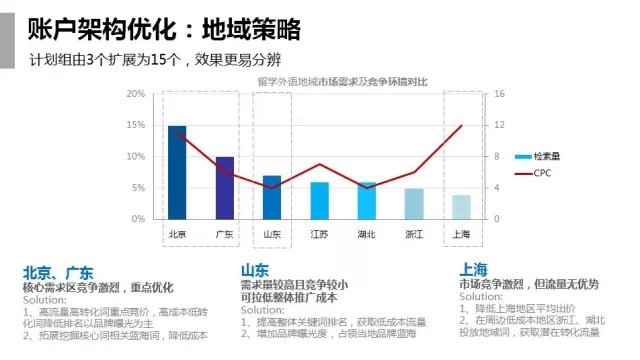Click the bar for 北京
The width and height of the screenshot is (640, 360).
pyautogui.click(x=177, y=172)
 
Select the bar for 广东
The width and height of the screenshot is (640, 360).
pyautogui.click(x=225, y=188)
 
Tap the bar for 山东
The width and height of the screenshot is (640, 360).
pyautogui.click(x=272, y=197)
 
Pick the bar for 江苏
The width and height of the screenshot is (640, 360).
pyautogui.click(x=319, y=200)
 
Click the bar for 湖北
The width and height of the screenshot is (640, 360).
pyautogui.click(x=367, y=200)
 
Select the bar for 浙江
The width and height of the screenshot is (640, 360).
pyautogui.click(x=414, y=203)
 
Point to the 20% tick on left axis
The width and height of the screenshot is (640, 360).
pyautogui.click(x=138, y=94)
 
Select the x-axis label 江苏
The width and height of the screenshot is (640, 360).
pyautogui.click(x=319, y=234)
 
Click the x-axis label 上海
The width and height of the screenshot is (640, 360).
pyautogui.click(x=461, y=234)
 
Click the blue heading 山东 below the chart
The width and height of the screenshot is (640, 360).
pyautogui.click(x=254, y=270)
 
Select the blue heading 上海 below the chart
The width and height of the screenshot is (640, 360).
pyautogui.click(x=473, y=269)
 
